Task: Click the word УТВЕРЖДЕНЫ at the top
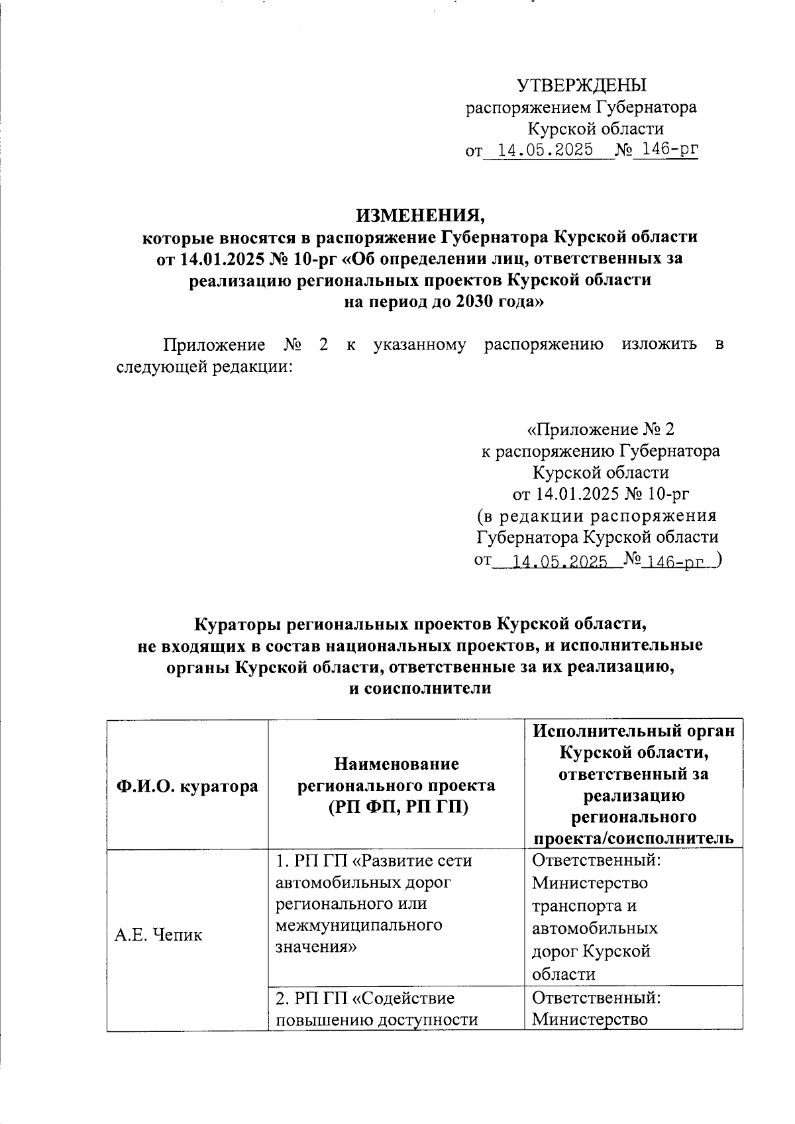(581, 85)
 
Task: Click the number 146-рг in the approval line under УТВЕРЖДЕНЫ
(664, 150)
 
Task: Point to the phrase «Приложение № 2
(600, 430)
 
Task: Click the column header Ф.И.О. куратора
(187, 786)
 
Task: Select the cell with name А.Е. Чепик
(158, 935)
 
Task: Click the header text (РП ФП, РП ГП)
(397, 807)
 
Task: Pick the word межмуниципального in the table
(358, 924)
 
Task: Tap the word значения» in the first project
(316, 946)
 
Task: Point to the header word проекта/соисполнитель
(633, 838)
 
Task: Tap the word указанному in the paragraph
(419, 344)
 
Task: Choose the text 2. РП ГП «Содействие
(364, 997)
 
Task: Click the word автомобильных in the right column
(594, 928)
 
